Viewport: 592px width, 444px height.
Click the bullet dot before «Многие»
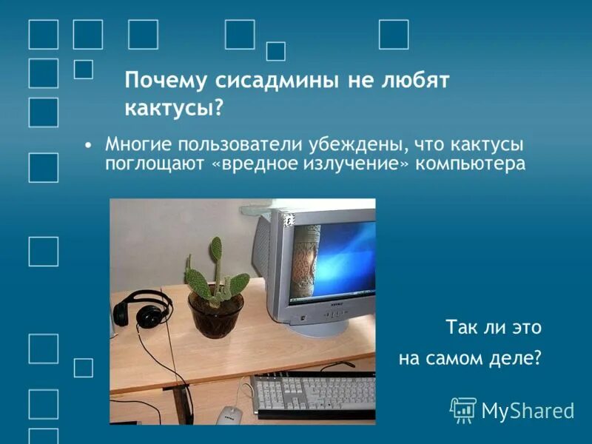click(88, 144)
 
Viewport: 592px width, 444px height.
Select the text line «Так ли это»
click(493, 326)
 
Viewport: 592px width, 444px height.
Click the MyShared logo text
click(528, 411)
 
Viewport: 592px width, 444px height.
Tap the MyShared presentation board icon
click(463, 409)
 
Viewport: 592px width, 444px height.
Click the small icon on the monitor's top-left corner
click(290, 218)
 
